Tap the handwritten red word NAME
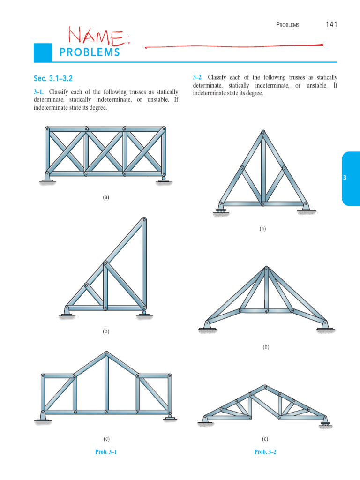coord(98,36)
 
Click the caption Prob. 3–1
coord(105,452)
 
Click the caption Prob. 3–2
coord(265,452)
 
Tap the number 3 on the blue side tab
coord(345,178)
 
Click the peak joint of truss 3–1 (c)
coord(107,352)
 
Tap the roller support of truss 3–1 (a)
coord(163,179)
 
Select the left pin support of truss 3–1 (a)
coord(47,178)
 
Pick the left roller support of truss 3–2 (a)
coord(219,209)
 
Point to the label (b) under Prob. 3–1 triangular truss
coord(106,331)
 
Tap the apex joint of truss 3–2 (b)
coord(266,269)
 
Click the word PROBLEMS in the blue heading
coord(90,52)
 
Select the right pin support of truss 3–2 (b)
coord(325,325)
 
